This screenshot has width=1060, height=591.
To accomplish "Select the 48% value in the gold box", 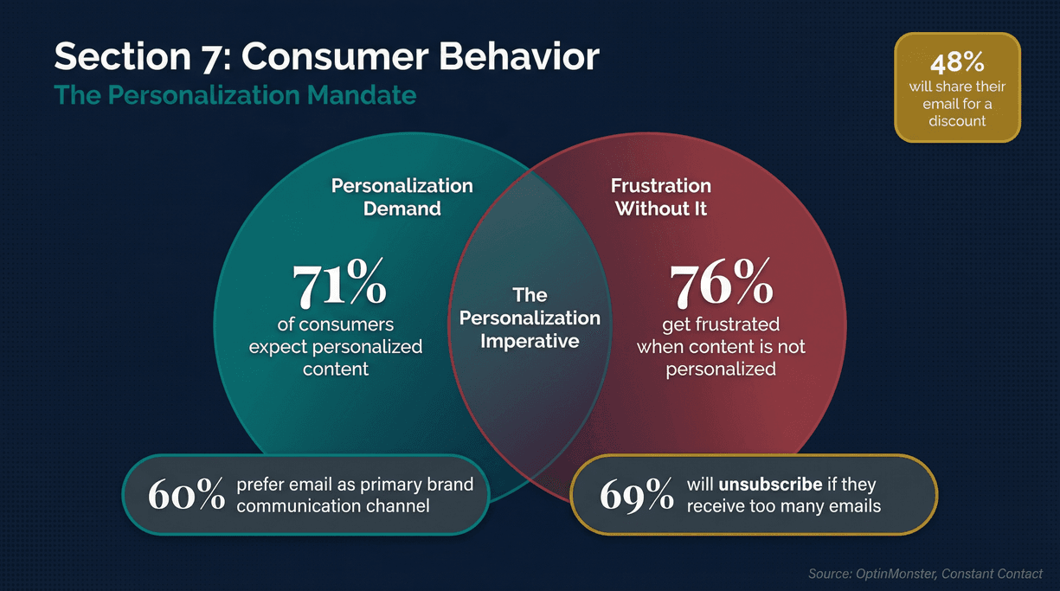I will point(957,64).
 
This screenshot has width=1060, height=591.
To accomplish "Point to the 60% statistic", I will point(185,495).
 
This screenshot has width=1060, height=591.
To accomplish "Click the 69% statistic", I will point(636,495).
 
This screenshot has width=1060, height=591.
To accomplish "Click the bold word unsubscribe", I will point(770,485).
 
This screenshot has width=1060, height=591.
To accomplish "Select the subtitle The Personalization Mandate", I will point(235,94).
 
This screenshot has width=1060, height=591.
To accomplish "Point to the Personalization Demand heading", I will point(402,197).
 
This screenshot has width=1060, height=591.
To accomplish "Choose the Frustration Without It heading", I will point(661,197).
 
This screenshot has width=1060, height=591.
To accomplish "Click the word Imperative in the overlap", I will point(530,341).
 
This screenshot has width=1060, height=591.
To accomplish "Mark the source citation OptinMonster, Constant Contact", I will point(925,574).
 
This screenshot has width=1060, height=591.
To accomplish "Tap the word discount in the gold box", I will point(957,121).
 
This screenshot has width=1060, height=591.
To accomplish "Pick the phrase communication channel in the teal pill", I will point(332,505).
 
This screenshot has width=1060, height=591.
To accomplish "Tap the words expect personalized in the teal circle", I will point(336,347).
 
